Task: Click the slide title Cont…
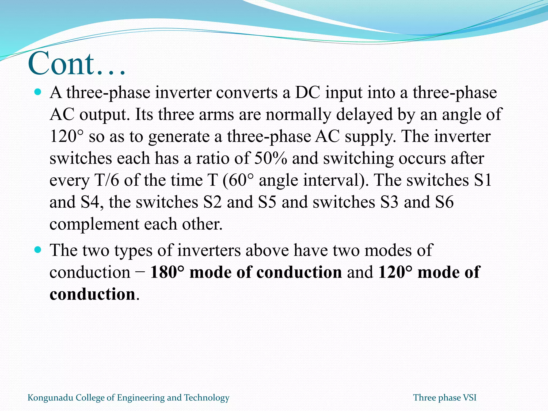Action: [x=76, y=64]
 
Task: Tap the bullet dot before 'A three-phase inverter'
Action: [x=38, y=92]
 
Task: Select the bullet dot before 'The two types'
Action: [x=38, y=250]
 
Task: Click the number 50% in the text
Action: [x=270, y=158]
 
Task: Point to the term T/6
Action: [x=107, y=180]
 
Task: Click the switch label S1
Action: [x=483, y=180]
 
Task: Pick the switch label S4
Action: [x=90, y=202]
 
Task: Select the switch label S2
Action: [x=212, y=202]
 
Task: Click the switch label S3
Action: [x=389, y=202]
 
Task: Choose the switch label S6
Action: [x=444, y=202]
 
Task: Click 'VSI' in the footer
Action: [x=470, y=398]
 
